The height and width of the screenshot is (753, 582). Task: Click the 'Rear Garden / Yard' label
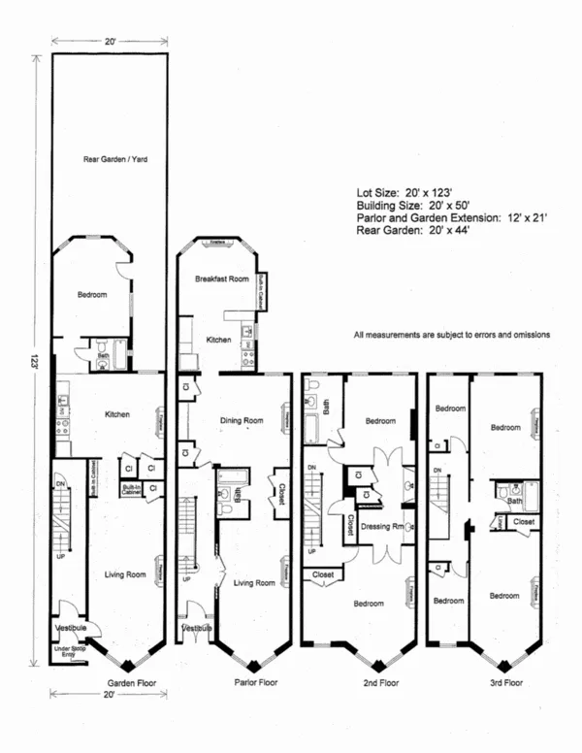click(109, 159)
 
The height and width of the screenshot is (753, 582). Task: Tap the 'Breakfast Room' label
click(222, 278)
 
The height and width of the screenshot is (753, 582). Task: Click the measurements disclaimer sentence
click(452, 335)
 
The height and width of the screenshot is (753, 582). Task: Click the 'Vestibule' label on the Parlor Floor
click(197, 629)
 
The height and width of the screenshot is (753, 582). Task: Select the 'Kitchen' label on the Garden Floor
click(117, 414)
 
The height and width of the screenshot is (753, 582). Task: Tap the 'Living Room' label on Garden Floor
click(125, 574)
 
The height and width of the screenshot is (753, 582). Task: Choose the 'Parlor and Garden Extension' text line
click(452, 219)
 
